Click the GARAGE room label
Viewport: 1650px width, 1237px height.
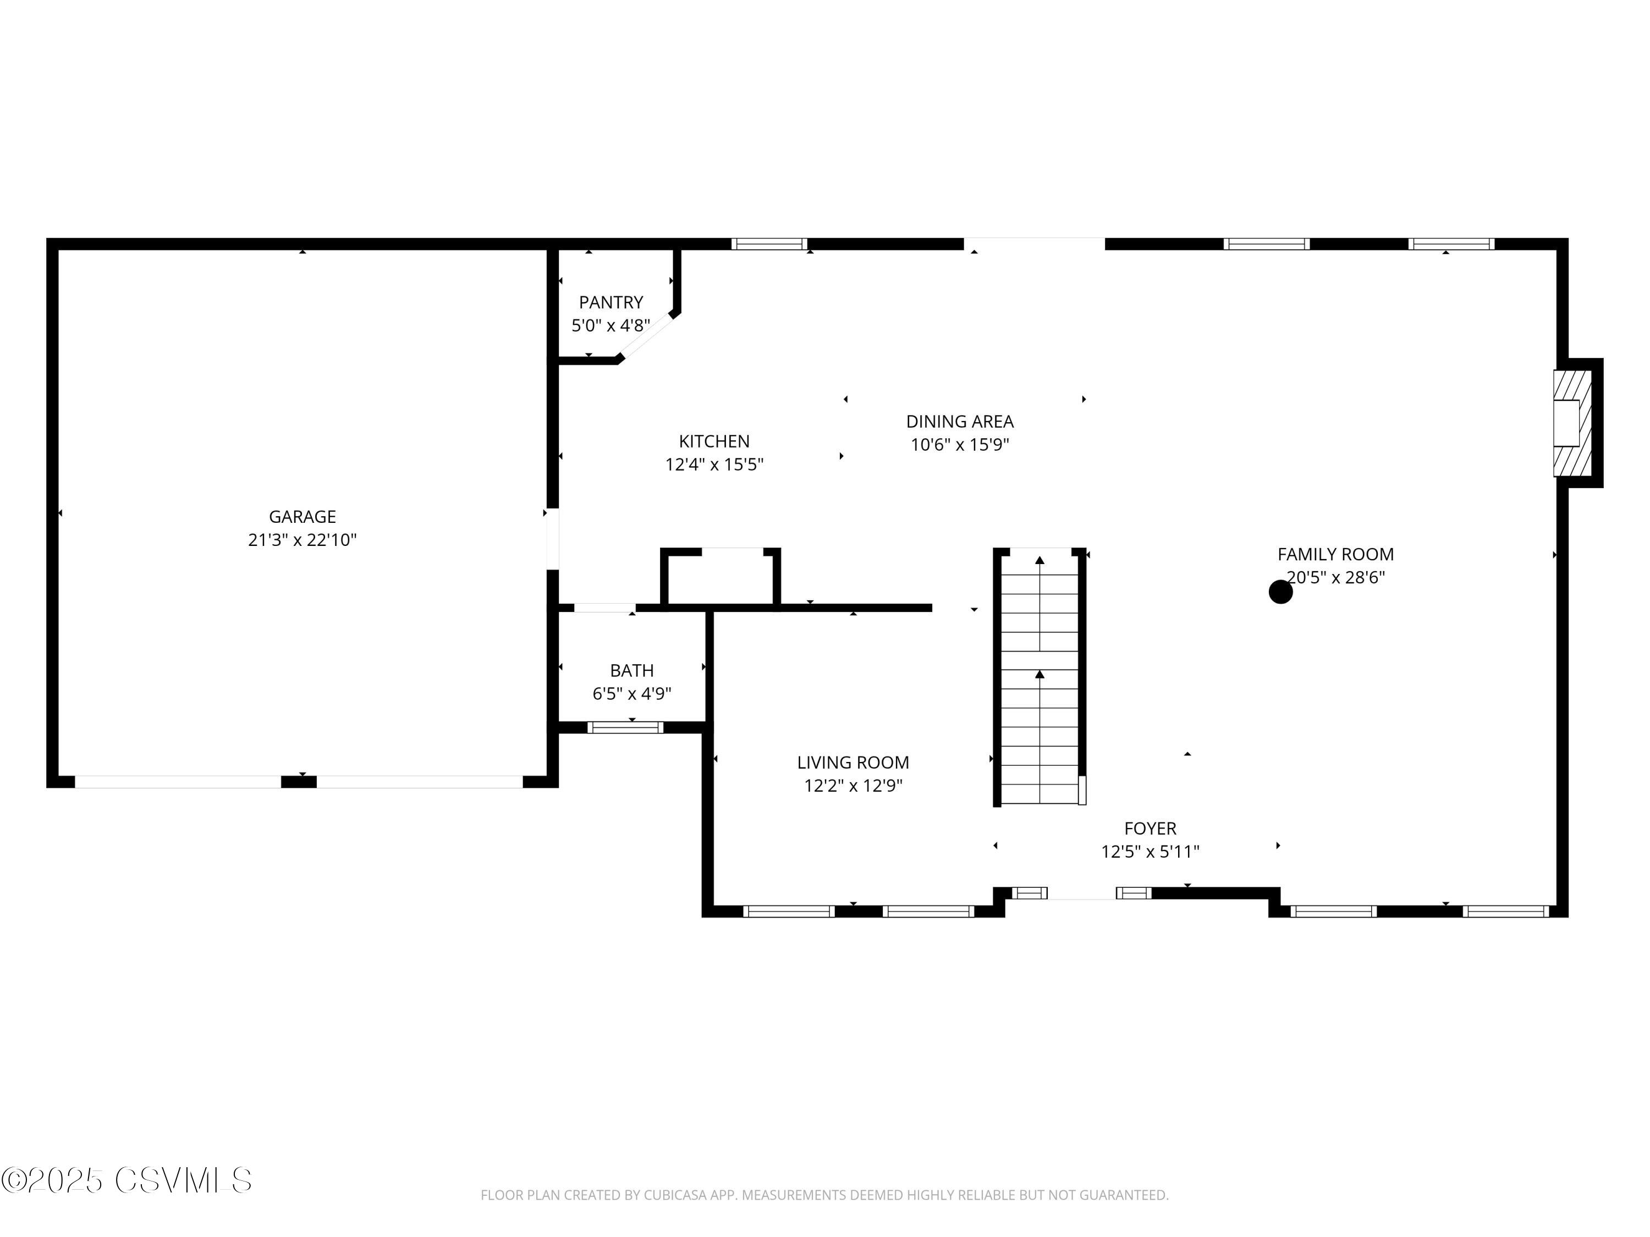302,516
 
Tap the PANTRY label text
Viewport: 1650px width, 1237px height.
611,302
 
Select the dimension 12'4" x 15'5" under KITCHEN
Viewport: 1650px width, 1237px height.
714,465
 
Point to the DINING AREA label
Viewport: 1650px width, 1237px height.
959,421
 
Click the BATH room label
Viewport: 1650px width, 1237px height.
632,670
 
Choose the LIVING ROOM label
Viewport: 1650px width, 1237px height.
853,762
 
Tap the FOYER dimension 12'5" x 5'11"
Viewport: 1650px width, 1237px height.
1149,851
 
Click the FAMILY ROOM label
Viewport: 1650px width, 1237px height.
1335,554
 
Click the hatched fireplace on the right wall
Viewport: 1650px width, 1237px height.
1572,423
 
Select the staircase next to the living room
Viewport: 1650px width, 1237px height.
1039,678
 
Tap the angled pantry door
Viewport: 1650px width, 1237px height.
647,337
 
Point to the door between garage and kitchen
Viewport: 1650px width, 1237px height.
553,538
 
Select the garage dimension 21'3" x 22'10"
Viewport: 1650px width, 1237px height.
302,540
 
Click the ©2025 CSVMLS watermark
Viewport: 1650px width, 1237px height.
127,1180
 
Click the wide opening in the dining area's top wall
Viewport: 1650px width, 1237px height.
1034,244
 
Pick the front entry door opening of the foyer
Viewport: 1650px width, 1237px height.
1082,894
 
